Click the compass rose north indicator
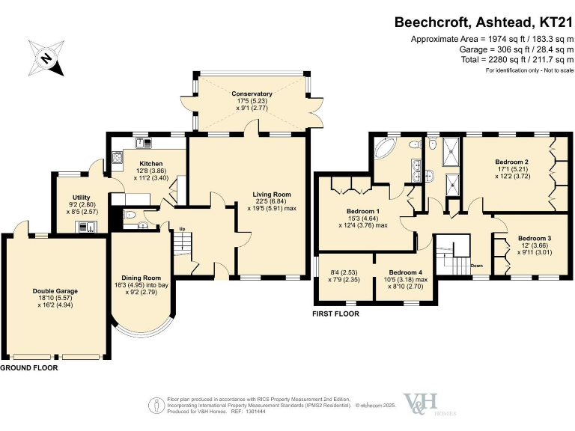pyautogui.click(x=46, y=56)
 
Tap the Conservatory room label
pyautogui.click(x=252, y=94)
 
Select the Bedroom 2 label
pyautogui.click(x=512, y=162)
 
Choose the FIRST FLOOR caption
pyautogui.click(x=335, y=314)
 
